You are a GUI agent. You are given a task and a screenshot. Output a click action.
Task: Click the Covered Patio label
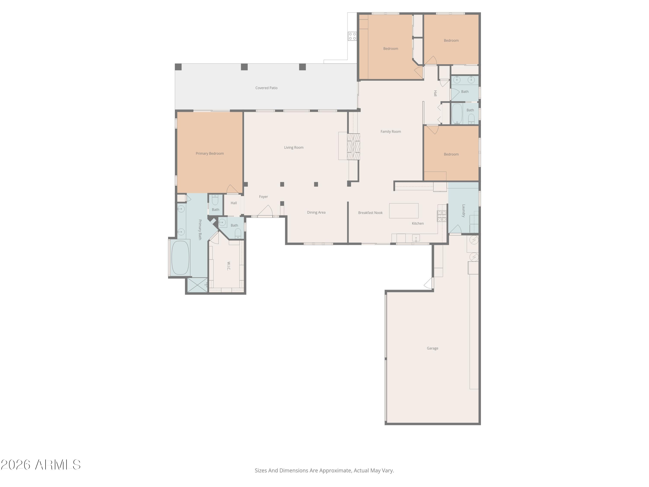point(266,88)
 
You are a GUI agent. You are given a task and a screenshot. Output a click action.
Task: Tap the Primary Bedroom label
point(209,153)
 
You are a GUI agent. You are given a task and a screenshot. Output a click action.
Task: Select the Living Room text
point(293,147)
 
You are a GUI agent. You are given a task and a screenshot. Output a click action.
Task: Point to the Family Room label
point(390,132)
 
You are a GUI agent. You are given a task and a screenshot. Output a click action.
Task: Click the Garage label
point(432,348)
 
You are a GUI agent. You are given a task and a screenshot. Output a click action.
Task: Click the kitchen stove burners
point(442,216)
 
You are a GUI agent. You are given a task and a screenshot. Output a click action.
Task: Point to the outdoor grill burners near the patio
point(352,36)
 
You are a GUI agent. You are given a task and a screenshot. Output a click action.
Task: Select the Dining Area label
point(316,213)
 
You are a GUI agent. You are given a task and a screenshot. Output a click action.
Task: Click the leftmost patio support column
point(178,67)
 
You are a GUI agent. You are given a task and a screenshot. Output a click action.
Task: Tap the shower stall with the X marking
point(197,285)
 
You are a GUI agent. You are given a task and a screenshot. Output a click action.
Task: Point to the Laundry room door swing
point(455,229)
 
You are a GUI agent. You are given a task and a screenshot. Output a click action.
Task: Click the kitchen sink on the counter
point(416,238)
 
